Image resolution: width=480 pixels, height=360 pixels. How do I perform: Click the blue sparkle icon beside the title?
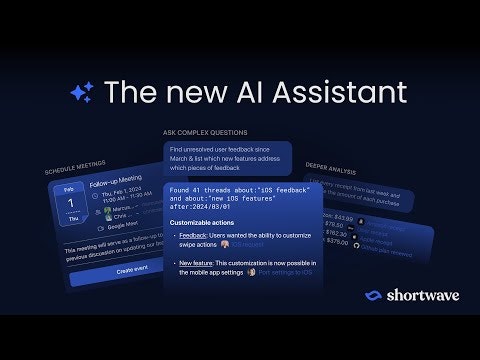tap(82, 93)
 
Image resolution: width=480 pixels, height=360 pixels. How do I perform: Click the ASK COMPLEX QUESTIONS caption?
tap(205, 132)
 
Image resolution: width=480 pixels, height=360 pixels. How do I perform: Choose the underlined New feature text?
tap(198, 264)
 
